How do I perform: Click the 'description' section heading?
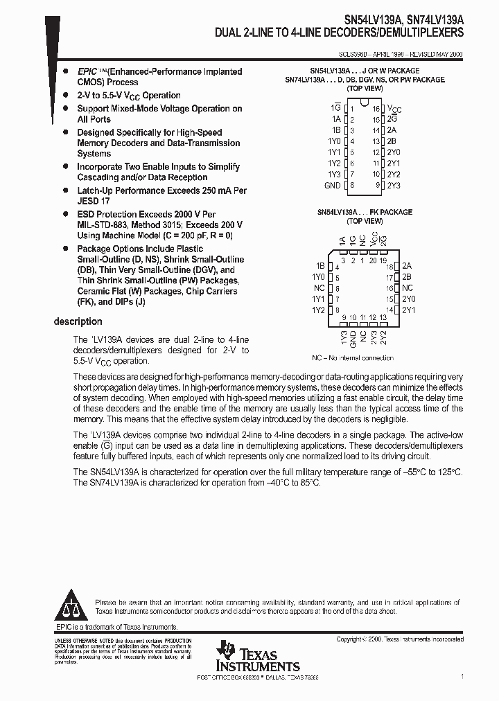[x=78, y=321]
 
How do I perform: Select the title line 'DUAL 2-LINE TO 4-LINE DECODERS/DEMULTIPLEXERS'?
[x=340, y=33]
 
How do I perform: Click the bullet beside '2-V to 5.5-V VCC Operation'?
[x=66, y=95]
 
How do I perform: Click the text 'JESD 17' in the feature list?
[x=94, y=201]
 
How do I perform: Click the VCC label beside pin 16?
[x=394, y=109]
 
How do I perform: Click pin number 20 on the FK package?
[x=374, y=260]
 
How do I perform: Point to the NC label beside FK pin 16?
[x=407, y=287]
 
